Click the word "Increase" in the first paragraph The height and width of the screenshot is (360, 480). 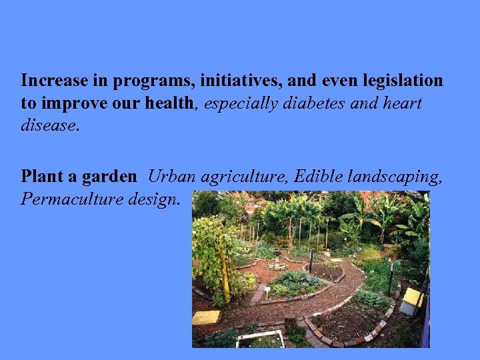tap(55, 81)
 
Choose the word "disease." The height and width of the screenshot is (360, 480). tap(51, 126)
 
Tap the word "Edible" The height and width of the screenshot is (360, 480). tap(319, 177)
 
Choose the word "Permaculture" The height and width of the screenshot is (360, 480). tap(74, 199)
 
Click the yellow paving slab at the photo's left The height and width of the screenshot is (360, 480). tap(206, 317)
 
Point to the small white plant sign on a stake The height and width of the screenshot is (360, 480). tap(267, 291)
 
